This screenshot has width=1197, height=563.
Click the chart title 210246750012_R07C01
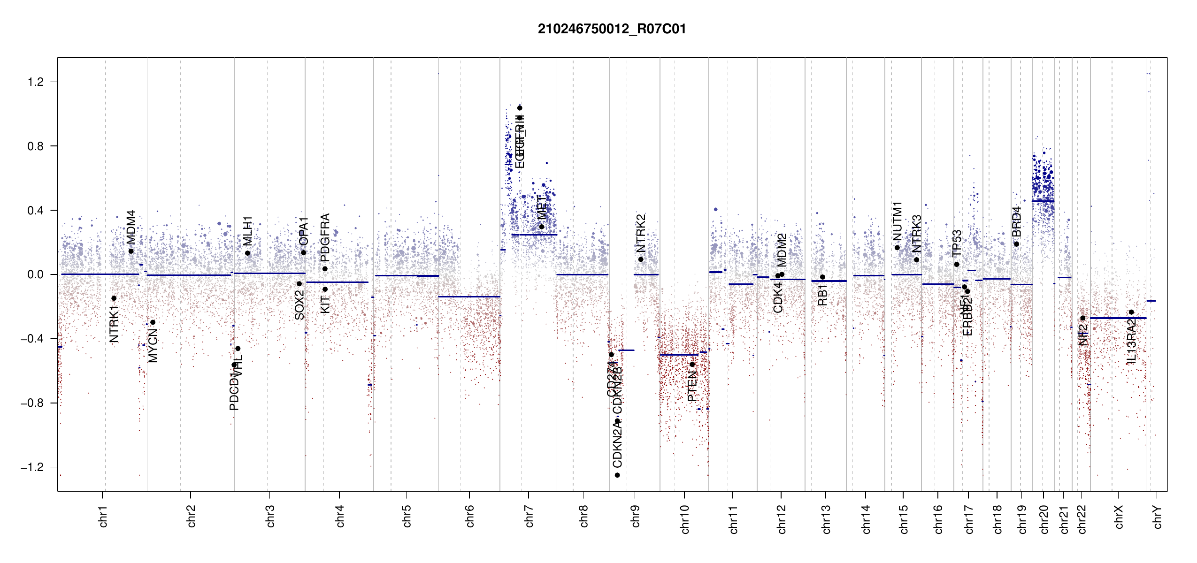click(x=612, y=29)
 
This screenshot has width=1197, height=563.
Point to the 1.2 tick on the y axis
click(x=35, y=82)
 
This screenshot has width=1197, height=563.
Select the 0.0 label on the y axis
click(x=35, y=274)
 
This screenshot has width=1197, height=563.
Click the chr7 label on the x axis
click(x=529, y=517)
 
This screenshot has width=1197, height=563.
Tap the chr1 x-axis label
click(x=103, y=517)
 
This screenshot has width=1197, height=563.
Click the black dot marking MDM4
click(x=131, y=251)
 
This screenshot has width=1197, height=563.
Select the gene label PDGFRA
click(x=325, y=237)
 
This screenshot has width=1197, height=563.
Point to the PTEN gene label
click(x=692, y=386)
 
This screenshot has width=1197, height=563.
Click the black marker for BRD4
click(x=1016, y=244)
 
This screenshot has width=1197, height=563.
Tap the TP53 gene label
click(x=957, y=243)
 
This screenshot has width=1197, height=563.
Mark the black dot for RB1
click(x=822, y=277)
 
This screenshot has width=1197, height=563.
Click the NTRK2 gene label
click(x=641, y=233)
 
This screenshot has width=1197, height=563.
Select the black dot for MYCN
click(x=153, y=322)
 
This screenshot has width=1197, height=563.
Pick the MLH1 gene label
click(x=248, y=231)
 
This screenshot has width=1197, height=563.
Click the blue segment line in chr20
click(x=1043, y=201)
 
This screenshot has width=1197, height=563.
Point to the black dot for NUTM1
click(x=897, y=248)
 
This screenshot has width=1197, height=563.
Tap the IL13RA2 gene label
click(x=1131, y=342)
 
